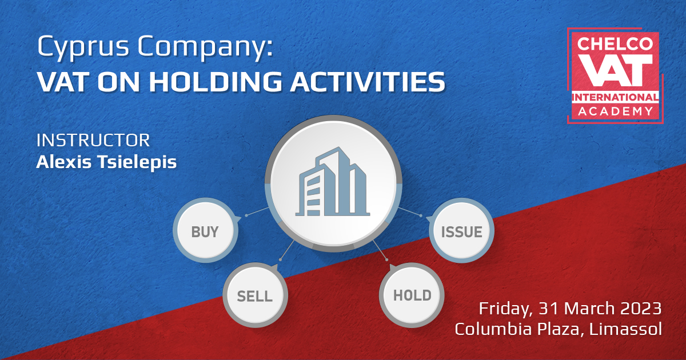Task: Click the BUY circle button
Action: click(205, 232)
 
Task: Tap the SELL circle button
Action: click(255, 296)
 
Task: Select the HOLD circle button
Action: click(412, 295)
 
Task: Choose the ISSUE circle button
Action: click(462, 232)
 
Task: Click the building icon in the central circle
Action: click(333, 182)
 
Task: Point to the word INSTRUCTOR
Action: click(93, 140)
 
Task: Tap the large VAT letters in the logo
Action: click(615, 70)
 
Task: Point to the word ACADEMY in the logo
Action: click(615, 111)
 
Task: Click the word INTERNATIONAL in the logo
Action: click(615, 97)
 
